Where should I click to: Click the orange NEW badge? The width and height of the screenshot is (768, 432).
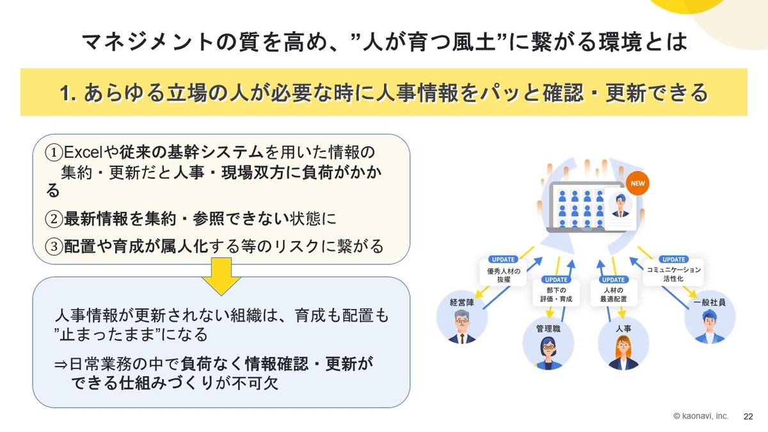click(x=637, y=184)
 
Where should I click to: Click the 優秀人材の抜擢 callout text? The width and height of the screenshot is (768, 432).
click(x=504, y=275)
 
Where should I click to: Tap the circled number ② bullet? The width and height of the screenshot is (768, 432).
click(x=54, y=219)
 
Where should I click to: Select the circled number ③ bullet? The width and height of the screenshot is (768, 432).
click(x=54, y=246)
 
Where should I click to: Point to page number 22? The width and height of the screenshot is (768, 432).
click(x=748, y=417)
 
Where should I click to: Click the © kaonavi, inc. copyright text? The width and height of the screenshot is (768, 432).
click(x=700, y=416)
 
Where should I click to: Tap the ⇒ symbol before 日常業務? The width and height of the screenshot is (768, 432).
click(x=61, y=364)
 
